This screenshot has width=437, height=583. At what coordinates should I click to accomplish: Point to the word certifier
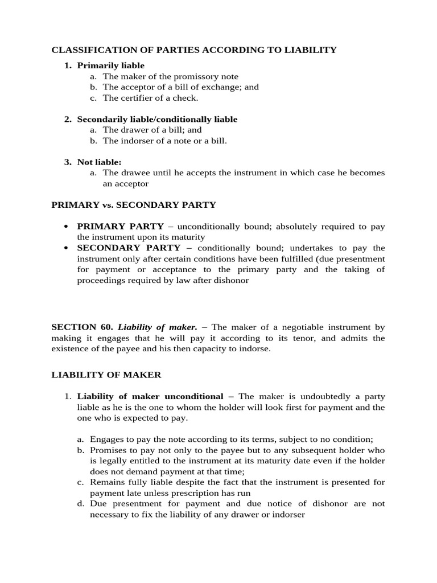point(134,98)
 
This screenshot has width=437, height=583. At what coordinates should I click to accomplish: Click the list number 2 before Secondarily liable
point(67,120)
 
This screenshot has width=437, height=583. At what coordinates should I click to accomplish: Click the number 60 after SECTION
point(106,327)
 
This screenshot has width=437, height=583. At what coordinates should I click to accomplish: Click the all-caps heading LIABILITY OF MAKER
point(106,375)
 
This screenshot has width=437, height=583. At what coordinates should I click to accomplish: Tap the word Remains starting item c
point(119,482)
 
